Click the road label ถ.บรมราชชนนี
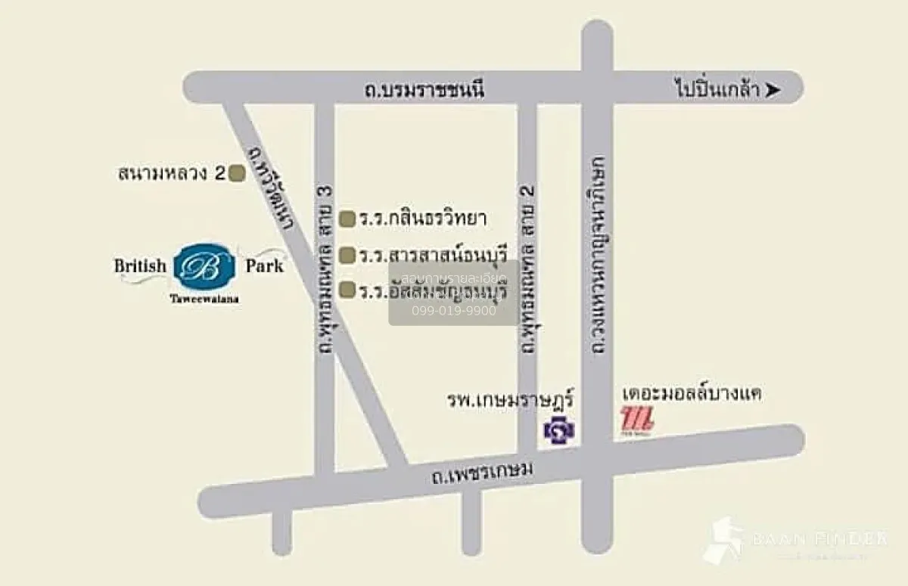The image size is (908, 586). point(423,91)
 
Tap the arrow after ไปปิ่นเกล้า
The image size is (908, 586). point(772,91)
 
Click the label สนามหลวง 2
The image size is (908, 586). point(172,174)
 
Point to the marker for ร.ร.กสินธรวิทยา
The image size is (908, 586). point(347,220)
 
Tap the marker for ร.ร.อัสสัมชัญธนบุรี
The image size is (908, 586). point(347,290)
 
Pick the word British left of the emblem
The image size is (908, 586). point(140,266)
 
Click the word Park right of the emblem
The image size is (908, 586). point(264,266)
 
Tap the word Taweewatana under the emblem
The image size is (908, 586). point(200,298)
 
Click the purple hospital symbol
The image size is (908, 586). point(559,430)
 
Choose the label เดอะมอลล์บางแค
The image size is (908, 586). point(691,395)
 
